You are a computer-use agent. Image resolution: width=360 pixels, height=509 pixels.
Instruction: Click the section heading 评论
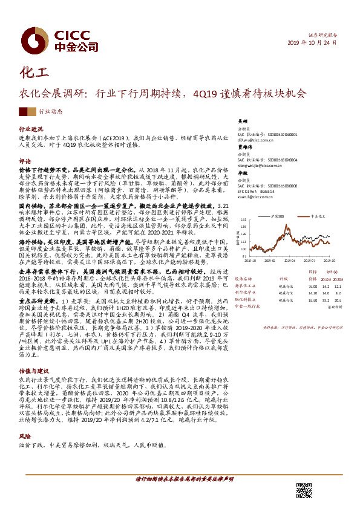click(x=25, y=161)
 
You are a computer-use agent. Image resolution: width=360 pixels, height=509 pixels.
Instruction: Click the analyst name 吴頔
click(x=242, y=121)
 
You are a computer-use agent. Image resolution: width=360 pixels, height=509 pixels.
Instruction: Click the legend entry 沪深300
click(x=278, y=215)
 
